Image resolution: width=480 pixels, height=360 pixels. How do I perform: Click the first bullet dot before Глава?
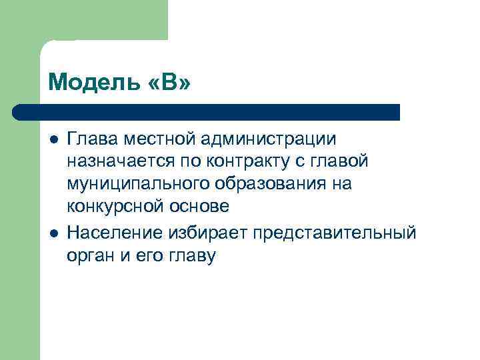pos(53,139)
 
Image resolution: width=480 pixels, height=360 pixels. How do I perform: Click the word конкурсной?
pos(119,207)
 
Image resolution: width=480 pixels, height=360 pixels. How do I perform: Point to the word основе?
pos(203,207)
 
